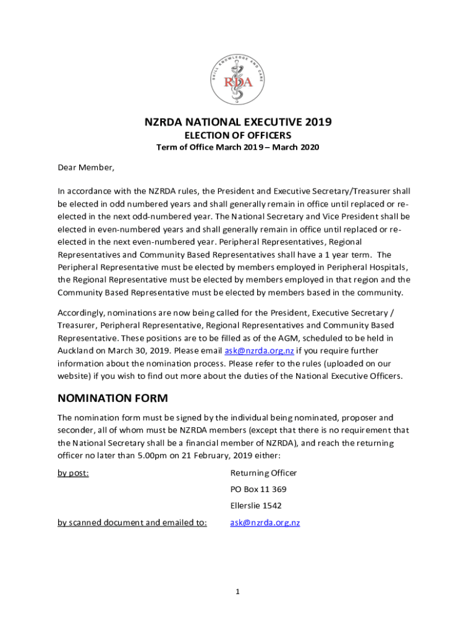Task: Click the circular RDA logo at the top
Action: click(238, 79)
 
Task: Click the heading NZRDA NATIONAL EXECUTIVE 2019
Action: click(238, 122)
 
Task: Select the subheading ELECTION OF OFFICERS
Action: click(238, 135)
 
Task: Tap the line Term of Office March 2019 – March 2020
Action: click(238, 148)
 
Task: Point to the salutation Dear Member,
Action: click(86, 168)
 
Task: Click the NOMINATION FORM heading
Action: click(113, 398)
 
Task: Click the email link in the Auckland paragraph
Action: click(259, 351)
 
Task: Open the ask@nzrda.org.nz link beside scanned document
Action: click(265, 522)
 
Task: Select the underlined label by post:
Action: click(73, 473)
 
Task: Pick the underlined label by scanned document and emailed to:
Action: click(132, 522)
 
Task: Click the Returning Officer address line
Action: click(263, 473)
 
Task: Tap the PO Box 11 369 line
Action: click(258, 489)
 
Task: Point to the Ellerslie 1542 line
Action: click(256, 505)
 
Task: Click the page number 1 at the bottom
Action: click(237, 592)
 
